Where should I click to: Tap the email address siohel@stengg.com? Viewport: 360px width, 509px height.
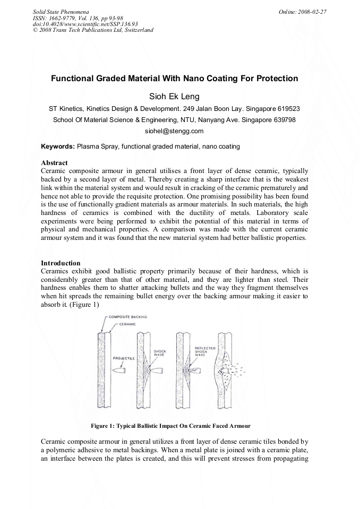coord(174,131)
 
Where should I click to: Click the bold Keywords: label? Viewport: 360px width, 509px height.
coord(58,146)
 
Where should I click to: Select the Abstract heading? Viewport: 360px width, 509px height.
coord(55,162)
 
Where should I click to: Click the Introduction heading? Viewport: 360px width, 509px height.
coord(61,263)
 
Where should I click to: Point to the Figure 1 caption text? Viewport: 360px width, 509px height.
coord(170,426)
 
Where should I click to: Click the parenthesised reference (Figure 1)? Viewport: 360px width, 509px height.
coord(82,306)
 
